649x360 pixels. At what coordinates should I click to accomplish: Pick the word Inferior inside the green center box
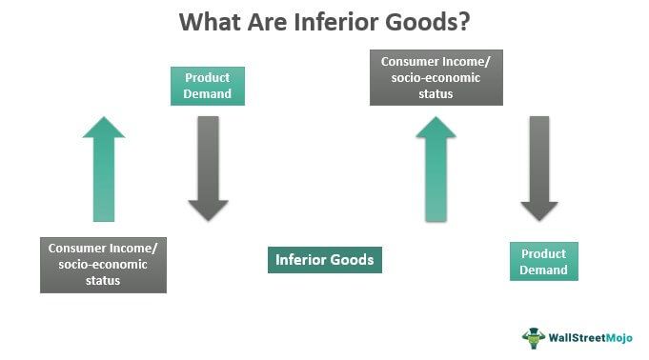[x=302, y=259]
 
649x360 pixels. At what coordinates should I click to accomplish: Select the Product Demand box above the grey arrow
[x=208, y=85]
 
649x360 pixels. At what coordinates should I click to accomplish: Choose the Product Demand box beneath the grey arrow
[x=543, y=262]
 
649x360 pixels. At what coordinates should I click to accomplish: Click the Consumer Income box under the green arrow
[x=104, y=264]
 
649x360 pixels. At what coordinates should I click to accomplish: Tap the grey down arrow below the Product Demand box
[x=208, y=169]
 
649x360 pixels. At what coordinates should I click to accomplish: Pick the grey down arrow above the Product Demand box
[x=539, y=169]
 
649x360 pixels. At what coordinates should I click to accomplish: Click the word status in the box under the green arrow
[x=104, y=280]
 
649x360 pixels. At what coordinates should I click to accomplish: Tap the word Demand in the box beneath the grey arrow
[x=543, y=270]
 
